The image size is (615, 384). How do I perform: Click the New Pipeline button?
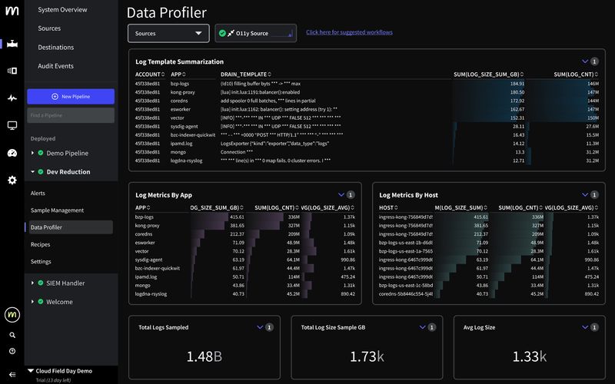[71, 96]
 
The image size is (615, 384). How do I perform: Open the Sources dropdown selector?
[168, 33]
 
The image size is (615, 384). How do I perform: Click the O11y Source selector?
[256, 33]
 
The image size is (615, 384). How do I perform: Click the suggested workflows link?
[349, 32]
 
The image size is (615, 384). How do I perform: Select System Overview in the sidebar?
[62, 9]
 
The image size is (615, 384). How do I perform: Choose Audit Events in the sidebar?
[55, 66]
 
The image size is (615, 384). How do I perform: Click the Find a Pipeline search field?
[71, 115]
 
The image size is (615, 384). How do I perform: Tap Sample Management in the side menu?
[57, 210]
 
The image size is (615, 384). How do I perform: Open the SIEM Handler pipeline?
[65, 283]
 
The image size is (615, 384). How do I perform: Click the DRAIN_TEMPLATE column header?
[244, 74]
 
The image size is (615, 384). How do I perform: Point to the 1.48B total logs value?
[204, 356]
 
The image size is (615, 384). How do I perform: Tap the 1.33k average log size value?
[529, 356]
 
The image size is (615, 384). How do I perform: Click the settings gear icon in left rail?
[12, 180]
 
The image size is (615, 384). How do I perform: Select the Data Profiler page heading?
[166, 12]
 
